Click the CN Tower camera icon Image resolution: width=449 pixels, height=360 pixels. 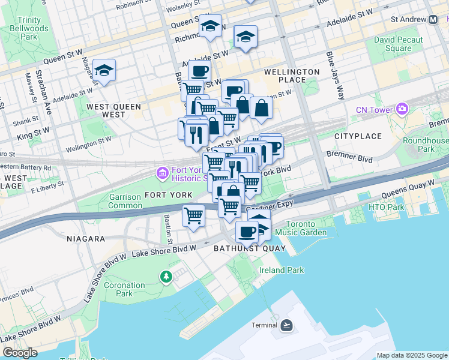tap(402, 109)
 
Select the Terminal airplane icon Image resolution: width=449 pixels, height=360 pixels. tap(287, 325)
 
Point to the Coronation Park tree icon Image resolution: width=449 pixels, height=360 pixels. tap(166, 277)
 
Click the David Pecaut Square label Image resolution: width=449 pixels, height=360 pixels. tap(398, 44)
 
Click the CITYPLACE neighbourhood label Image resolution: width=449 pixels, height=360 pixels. tap(354, 136)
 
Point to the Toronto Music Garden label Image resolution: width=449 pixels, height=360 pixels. tap(306, 228)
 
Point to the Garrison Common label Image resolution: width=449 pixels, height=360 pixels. tap(125, 201)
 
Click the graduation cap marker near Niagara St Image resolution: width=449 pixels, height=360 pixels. tap(104, 70)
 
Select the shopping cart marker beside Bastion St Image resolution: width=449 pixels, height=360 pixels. tap(193, 214)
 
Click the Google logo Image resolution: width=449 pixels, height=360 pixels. tap(20, 353)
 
